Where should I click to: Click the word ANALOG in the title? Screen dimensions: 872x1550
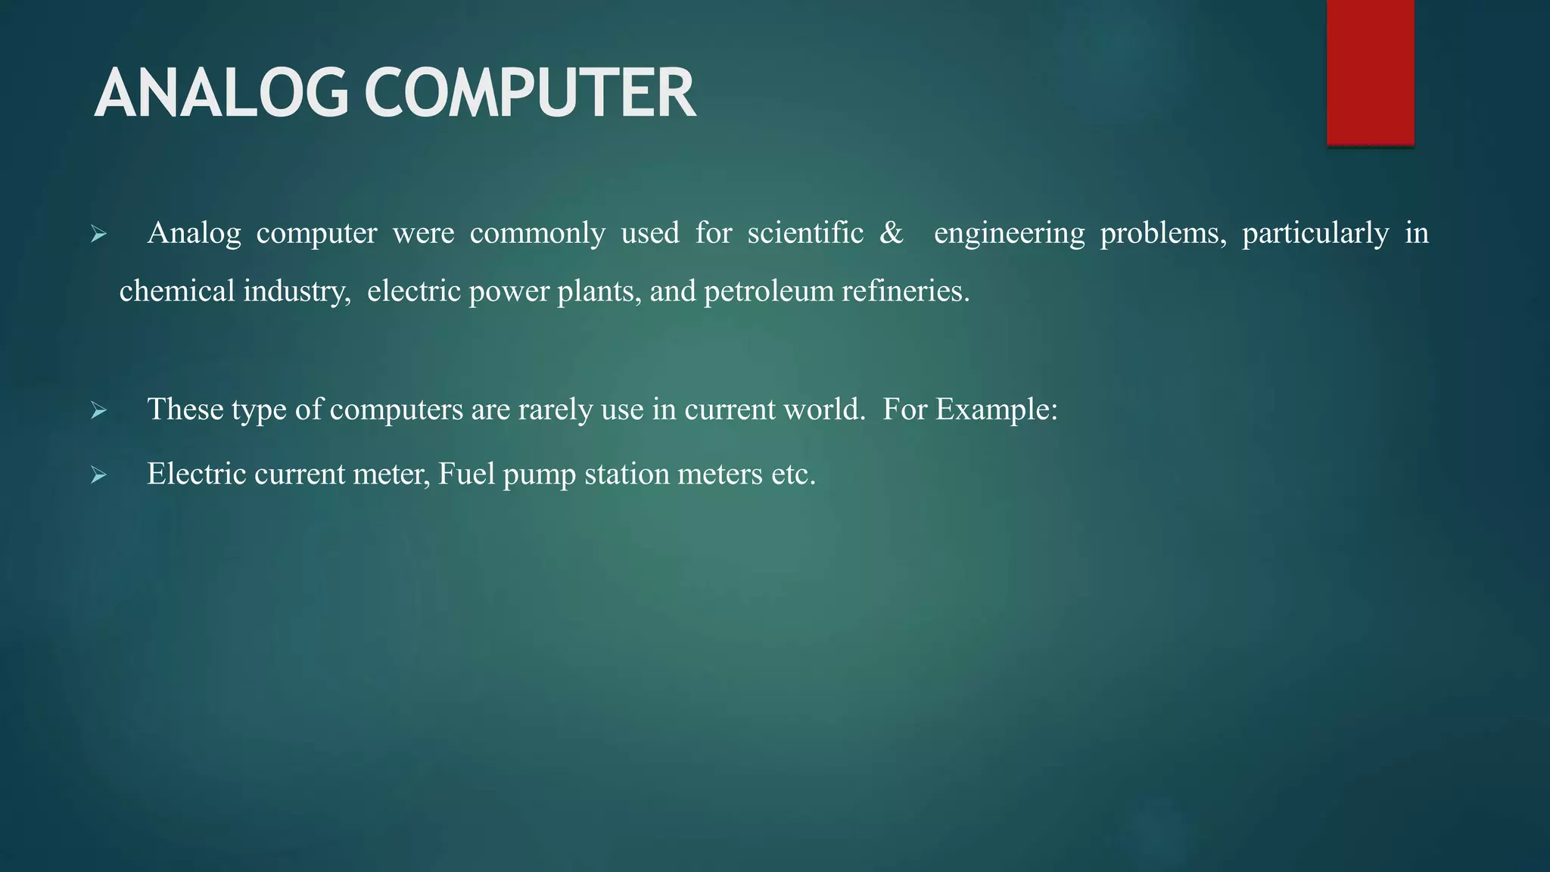click(x=221, y=93)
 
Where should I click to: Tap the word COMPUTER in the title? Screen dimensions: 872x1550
click(x=530, y=93)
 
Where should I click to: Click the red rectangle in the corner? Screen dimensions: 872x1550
click(x=1370, y=72)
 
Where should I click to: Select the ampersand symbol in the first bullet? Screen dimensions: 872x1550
click(x=892, y=233)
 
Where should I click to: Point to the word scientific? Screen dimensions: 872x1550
click(x=805, y=233)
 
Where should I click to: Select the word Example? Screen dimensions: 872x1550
click(x=996, y=410)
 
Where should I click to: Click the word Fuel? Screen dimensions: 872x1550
click(x=466, y=475)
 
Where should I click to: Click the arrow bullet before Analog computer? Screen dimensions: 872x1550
click(x=98, y=235)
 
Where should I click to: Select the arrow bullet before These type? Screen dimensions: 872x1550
click(x=98, y=411)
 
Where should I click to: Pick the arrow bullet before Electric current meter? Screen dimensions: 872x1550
click(x=98, y=475)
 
